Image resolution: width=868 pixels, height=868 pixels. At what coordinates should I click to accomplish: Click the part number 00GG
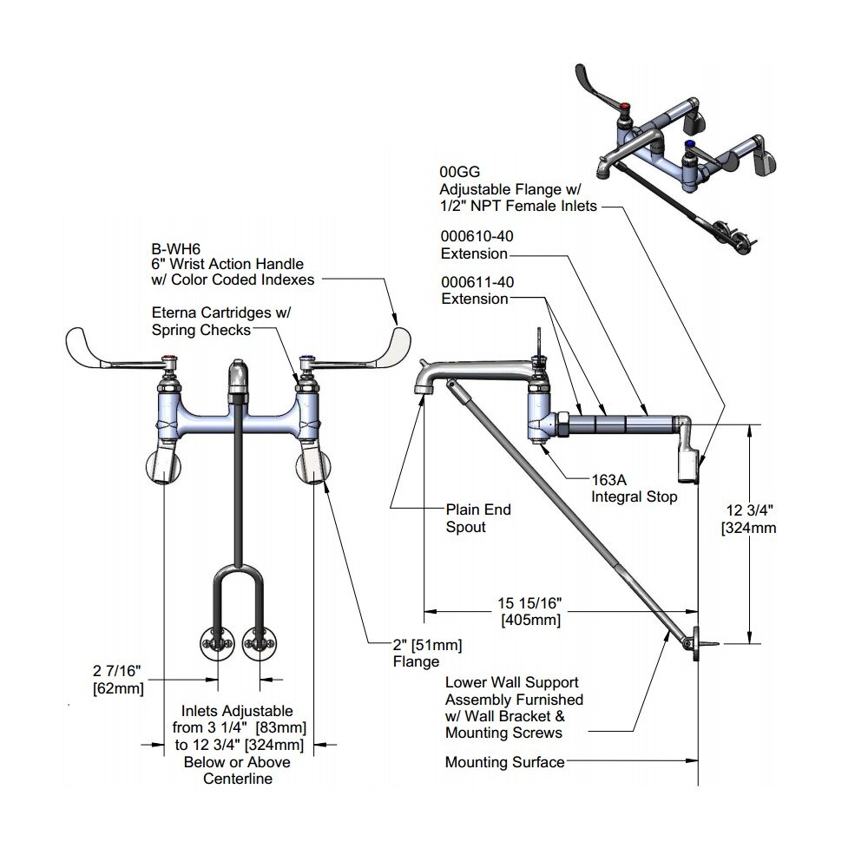(x=458, y=173)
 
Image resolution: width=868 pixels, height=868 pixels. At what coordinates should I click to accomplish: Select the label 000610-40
(x=474, y=237)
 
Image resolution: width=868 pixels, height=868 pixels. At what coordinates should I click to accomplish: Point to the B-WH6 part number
(x=174, y=247)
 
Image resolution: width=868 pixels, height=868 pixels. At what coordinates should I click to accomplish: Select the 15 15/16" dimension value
(x=530, y=603)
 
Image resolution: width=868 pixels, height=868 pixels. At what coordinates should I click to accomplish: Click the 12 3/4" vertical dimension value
(x=747, y=510)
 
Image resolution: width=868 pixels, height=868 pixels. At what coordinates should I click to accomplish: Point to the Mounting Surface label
(x=504, y=762)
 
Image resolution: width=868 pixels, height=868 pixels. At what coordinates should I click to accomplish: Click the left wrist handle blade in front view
(x=95, y=347)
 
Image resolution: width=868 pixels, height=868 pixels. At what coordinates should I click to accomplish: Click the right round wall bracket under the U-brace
(x=260, y=643)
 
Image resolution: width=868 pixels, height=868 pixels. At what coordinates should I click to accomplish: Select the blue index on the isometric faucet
(x=690, y=146)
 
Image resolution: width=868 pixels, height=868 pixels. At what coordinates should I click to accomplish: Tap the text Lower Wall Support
(x=511, y=683)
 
